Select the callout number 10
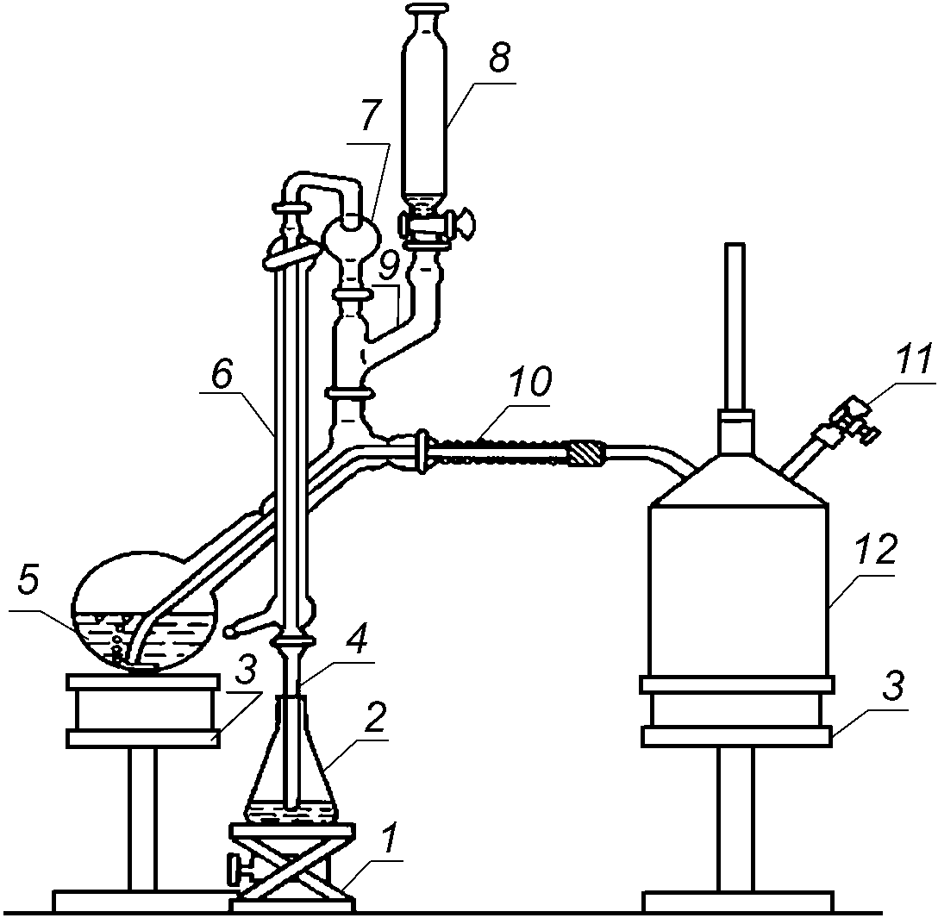(528, 381)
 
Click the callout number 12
(877, 550)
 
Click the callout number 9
(388, 265)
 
